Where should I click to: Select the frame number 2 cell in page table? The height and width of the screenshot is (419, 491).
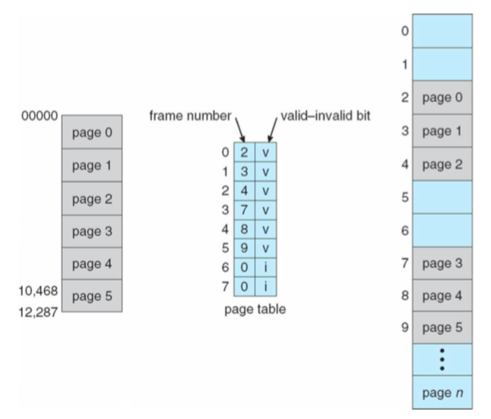point(245,152)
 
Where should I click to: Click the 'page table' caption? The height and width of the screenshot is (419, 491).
point(255,309)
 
